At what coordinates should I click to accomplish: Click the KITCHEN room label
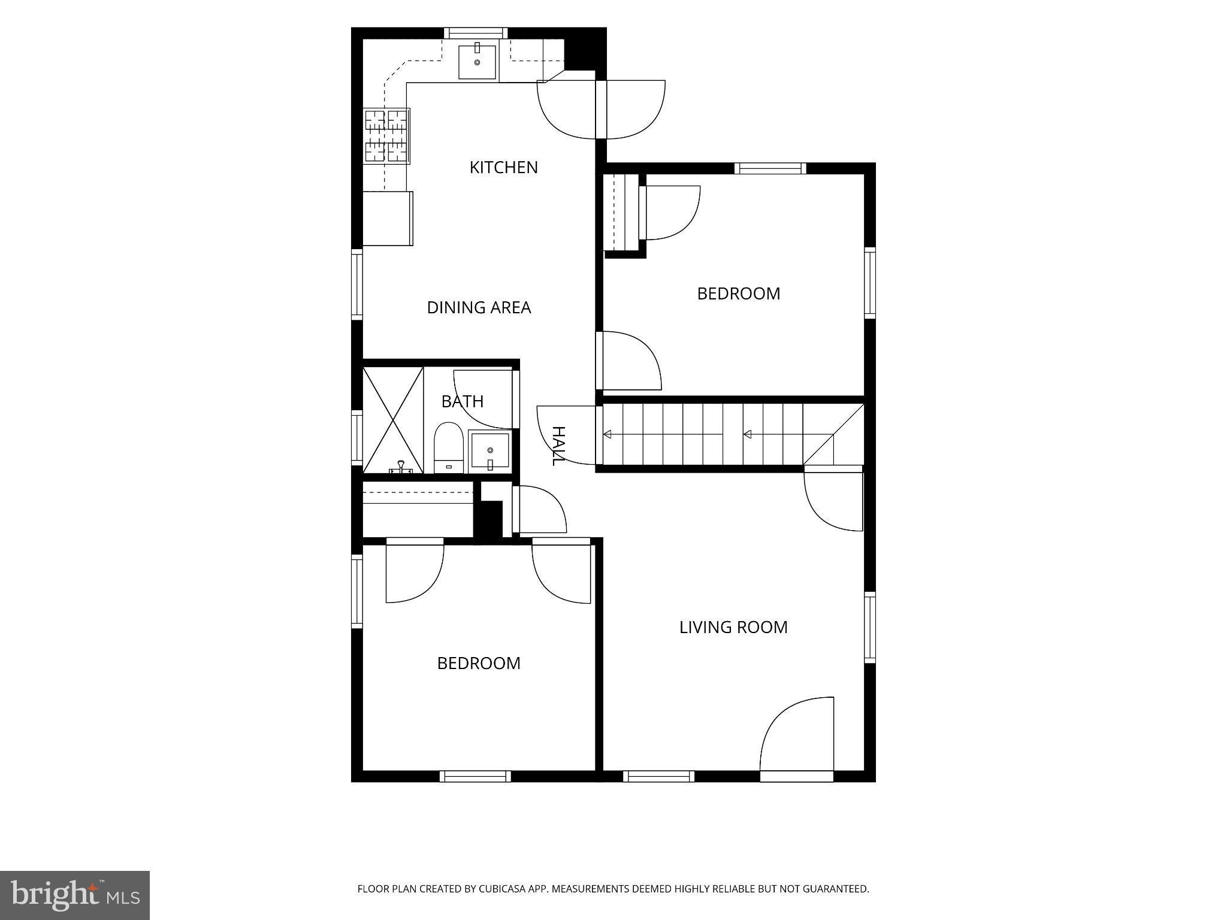tap(503, 167)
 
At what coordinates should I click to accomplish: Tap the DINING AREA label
tap(479, 307)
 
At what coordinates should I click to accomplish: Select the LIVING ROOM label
tap(733, 627)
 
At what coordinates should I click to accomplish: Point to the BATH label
tap(463, 401)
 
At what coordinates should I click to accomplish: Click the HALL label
tap(558, 446)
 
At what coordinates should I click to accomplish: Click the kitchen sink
tap(477, 62)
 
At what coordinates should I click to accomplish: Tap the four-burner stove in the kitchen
tap(386, 136)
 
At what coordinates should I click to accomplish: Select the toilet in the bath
tap(449, 447)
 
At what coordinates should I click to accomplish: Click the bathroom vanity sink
tap(489, 451)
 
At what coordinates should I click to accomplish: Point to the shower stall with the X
tap(393, 420)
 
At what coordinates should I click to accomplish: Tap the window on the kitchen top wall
tap(476, 33)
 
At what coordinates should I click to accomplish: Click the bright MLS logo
tap(75, 895)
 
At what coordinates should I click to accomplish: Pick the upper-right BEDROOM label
tap(739, 293)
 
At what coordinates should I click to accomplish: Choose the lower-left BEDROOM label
tap(479, 663)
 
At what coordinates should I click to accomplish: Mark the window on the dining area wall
tap(357, 285)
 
